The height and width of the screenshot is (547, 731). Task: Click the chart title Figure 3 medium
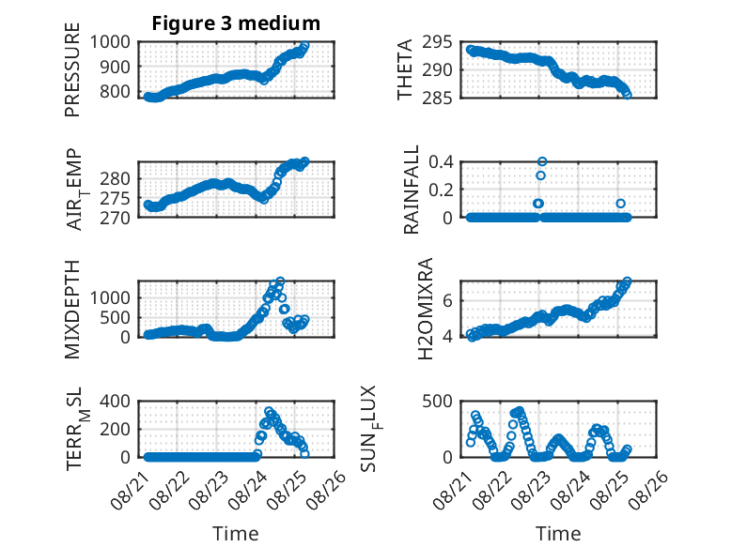coord(236,23)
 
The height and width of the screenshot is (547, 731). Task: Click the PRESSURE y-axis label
coord(72,69)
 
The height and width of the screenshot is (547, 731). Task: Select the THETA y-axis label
coord(405,69)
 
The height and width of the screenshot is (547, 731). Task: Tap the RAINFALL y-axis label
coord(411,190)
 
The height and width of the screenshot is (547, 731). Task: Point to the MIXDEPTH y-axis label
coord(72,309)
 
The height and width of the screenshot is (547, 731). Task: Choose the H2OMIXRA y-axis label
coord(426,309)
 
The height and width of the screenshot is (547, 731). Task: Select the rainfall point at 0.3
coord(540,175)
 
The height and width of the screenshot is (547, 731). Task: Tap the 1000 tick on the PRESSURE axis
coord(110,42)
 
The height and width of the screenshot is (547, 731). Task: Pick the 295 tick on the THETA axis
coord(437,42)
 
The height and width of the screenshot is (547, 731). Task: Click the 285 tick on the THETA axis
coord(437,98)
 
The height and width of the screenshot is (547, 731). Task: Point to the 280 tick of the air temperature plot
coord(116,178)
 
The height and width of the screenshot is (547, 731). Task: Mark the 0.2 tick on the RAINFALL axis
coord(441,190)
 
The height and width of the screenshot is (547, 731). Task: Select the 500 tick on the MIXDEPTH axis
coord(116,317)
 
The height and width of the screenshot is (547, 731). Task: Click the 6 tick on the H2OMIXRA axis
coord(447,301)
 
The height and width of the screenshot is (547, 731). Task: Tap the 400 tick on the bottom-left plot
coord(116,401)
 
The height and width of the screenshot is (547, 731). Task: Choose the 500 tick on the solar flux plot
coord(437,401)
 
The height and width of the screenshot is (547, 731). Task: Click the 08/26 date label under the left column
coord(327,491)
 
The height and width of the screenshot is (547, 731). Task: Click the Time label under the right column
coord(558,533)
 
